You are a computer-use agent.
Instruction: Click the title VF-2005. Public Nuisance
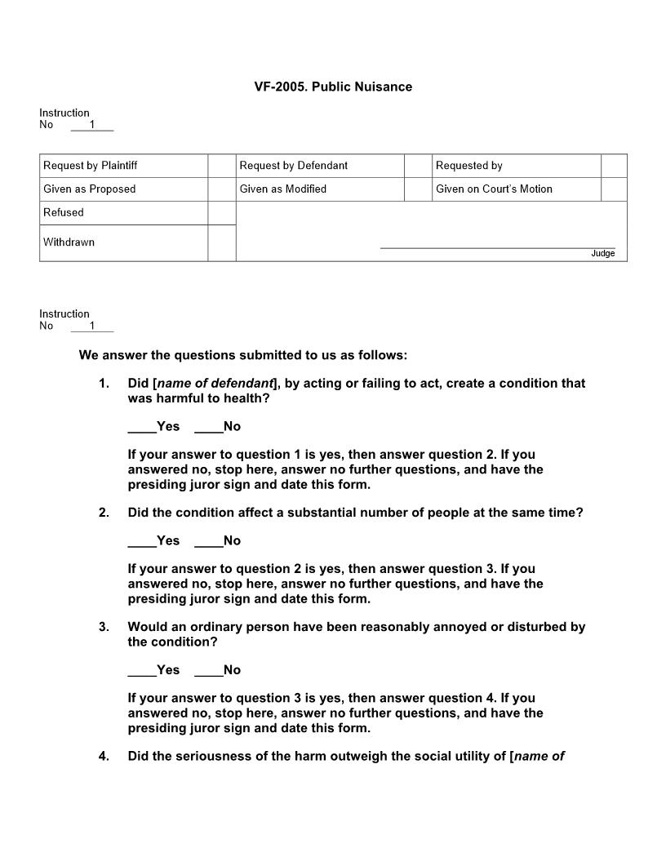click(x=333, y=87)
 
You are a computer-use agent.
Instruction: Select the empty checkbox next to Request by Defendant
click(x=417, y=166)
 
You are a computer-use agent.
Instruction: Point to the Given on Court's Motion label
click(x=494, y=189)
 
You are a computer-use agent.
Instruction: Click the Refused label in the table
click(x=64, y=212)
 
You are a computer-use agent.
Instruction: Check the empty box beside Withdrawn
click(x=221, y=242)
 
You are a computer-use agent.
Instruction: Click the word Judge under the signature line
click(x=602, y=254)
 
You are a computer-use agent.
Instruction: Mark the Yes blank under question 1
click(x=142, y=427)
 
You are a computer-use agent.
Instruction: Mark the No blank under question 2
click(x=208, y=541)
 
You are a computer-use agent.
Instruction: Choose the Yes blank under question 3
click(x=142, y=670)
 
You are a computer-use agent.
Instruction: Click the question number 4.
click(x=104, y=756)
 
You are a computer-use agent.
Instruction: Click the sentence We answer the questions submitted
click(x=242, y=355)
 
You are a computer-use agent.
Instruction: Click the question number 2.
click(x=104, y=513)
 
